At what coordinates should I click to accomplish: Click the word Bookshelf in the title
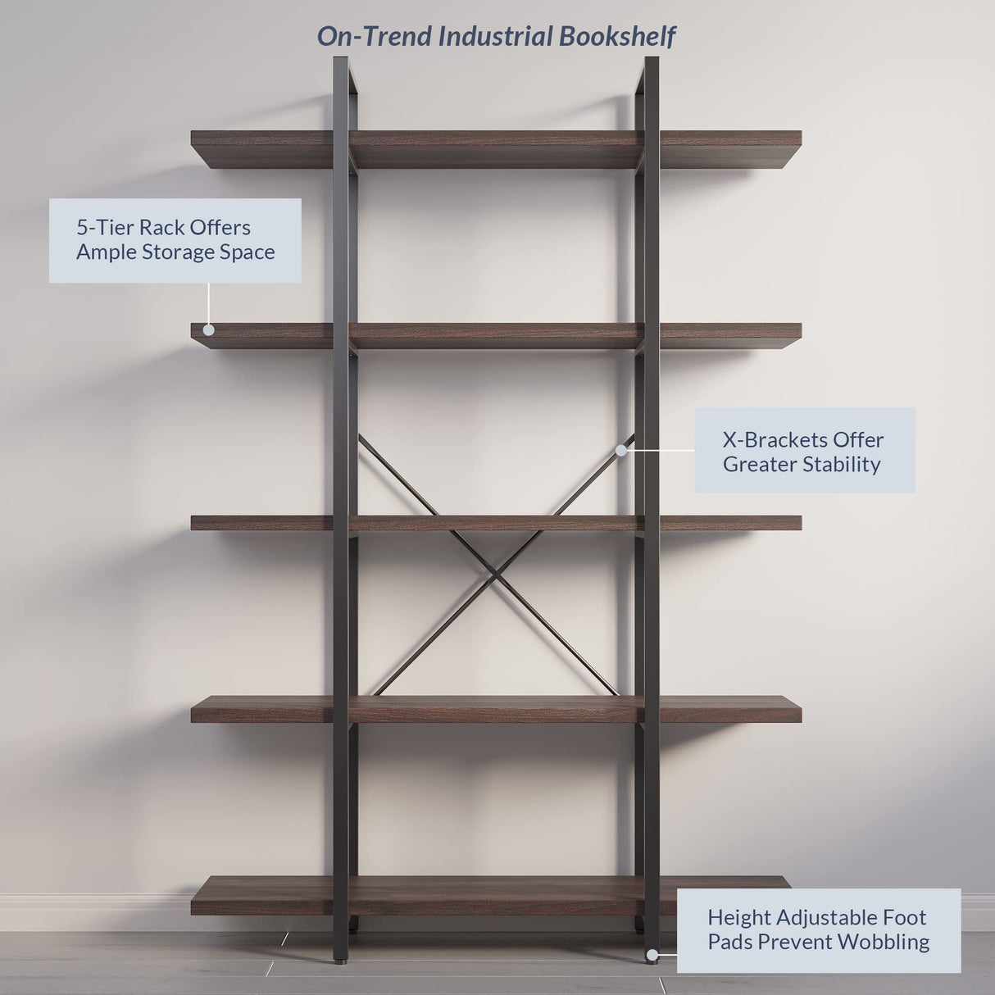[x=617, y=37]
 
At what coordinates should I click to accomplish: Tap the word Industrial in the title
[x=495, y=37]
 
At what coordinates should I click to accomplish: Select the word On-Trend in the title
[x=374, y=37]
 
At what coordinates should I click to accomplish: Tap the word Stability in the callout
[x=842, y=464]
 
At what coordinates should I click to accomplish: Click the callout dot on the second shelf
[x=208, y=329]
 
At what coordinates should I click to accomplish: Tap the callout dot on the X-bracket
[x=620, y=450]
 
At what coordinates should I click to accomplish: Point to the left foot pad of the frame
[x=341, y=958]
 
